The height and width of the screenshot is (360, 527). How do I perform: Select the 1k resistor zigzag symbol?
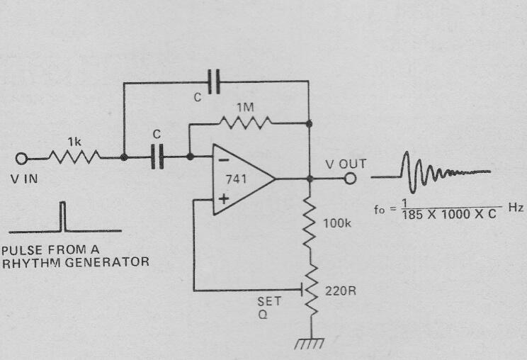pyautogui.click(x=74, y=157)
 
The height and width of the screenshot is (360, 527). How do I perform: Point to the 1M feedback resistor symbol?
pyautogui.click(x=246, y=123)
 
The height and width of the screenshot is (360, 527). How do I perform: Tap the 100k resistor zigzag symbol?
pyautogui.click(x=310, y=223)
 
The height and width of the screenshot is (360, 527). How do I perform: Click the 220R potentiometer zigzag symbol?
pyautogui.click(x=311, y=290)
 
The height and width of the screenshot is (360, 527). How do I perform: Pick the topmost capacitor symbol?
pyautogui.click(x=214, y=81)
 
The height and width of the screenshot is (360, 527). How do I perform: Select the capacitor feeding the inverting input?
pyautogui.click(x=157, y=157)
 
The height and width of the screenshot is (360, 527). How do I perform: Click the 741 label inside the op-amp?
pyautogui.click(x=236, y=179)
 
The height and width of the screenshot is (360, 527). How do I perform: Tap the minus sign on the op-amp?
pyautogui.click(x=224, y=160)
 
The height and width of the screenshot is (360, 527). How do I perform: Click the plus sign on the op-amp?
pyautogui.click(x=224, y=199)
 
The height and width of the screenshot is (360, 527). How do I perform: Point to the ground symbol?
pyautogui.click(x=310, y=344)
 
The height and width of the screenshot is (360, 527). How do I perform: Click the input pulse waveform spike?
pyautogui.click(x=62, y=216)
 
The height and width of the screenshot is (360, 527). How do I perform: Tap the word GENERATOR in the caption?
pyautogui.click(x=107, y=261)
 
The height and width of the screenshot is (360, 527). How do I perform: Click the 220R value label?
pyautogui.click(x=341, y=291)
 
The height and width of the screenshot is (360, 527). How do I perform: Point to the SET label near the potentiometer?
pyautogui.click(x=269, y=301)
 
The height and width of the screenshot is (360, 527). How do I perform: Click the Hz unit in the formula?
pyautogui.click(x=516, y=208)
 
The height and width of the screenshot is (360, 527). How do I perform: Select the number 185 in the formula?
pyautogui.click(x=412, y=215)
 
